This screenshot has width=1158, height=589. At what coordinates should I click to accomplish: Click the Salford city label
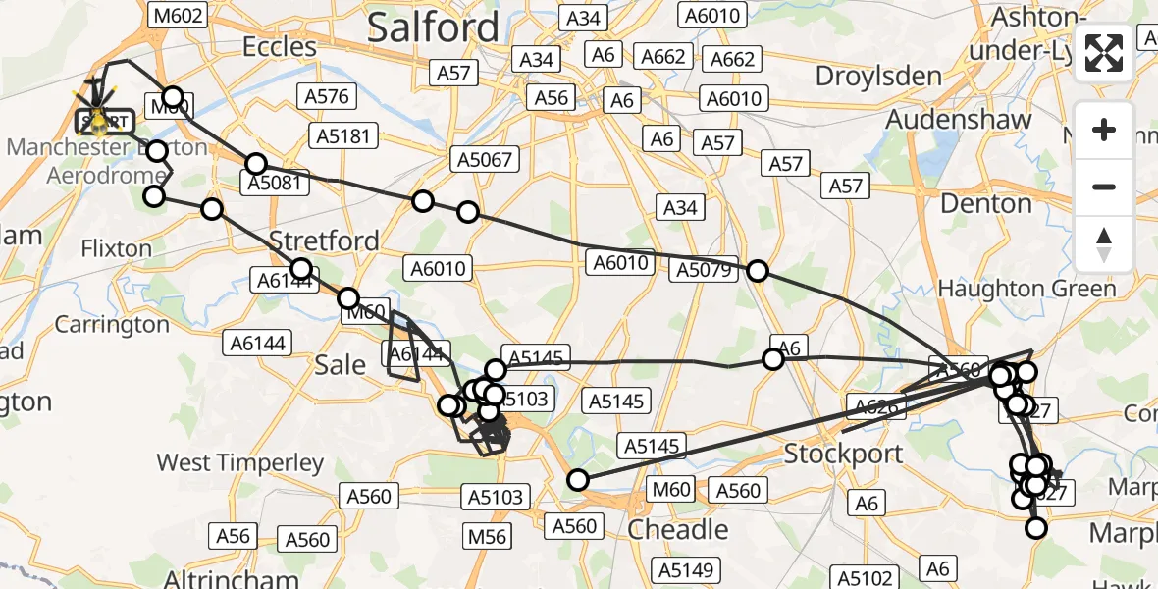(433, 27)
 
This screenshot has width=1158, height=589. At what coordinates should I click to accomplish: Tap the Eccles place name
(280, 47)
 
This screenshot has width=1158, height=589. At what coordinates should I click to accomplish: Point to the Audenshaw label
(959, 120)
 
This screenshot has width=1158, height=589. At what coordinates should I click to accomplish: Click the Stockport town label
(843, 455)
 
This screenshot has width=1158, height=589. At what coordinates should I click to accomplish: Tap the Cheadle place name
(677, 530)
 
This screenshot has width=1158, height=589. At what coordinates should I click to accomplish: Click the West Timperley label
(240, 462)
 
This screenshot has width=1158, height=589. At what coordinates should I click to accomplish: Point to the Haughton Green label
(1026, 289)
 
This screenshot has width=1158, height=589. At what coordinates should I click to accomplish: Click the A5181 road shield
(341, 134)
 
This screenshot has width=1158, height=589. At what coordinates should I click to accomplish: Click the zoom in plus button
(1104, 130)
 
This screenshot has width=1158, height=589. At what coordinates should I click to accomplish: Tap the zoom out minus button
(1104, 187)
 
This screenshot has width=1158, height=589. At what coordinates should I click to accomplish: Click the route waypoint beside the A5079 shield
(758, 271)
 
